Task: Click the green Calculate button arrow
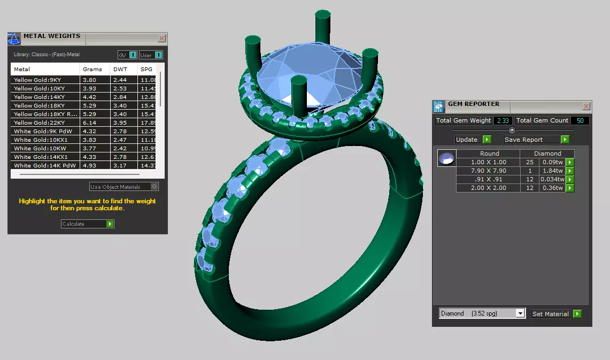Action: coord(110,224)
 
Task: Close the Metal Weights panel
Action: coord(161,39)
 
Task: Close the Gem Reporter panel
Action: coord(586,106)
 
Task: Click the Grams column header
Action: coord(92,69)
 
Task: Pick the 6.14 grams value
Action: coord(89,122)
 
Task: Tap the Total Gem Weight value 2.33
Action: coord(503,121)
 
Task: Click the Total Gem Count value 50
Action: coord(580,121)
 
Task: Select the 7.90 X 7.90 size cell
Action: coord(488,171)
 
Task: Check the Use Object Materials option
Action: coord(155,187)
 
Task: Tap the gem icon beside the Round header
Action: coord(446,158)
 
